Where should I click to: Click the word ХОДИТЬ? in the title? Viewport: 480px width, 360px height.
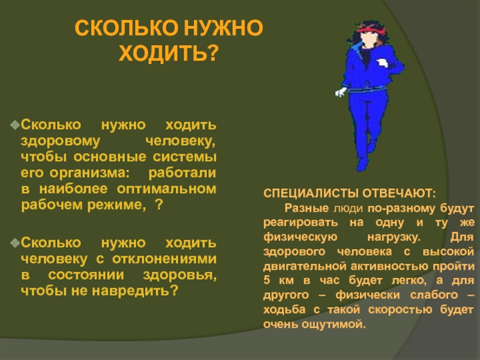(169, 53)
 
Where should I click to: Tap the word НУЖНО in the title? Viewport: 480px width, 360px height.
(223, 28)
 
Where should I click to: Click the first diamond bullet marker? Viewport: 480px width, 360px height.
(15, 125)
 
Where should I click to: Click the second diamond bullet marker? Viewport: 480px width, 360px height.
(15, 243)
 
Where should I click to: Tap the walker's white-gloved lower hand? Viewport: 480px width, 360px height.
(341, 92)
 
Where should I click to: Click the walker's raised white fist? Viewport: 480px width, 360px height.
(383, 63)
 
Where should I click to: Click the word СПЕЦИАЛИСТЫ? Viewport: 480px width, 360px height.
(311, 193)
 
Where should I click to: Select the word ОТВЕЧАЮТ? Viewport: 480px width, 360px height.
(399, 193)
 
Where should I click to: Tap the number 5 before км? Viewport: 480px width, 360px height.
(266, 280)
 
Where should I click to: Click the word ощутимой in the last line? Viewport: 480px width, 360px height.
(334, 325)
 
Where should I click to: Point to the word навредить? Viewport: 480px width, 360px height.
(135, 290)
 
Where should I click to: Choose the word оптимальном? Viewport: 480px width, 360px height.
(167, 189)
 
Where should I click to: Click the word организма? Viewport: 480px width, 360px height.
(89, 173)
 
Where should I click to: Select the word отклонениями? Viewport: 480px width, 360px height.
(164, 259)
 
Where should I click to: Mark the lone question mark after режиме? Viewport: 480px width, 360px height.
(158, 205)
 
